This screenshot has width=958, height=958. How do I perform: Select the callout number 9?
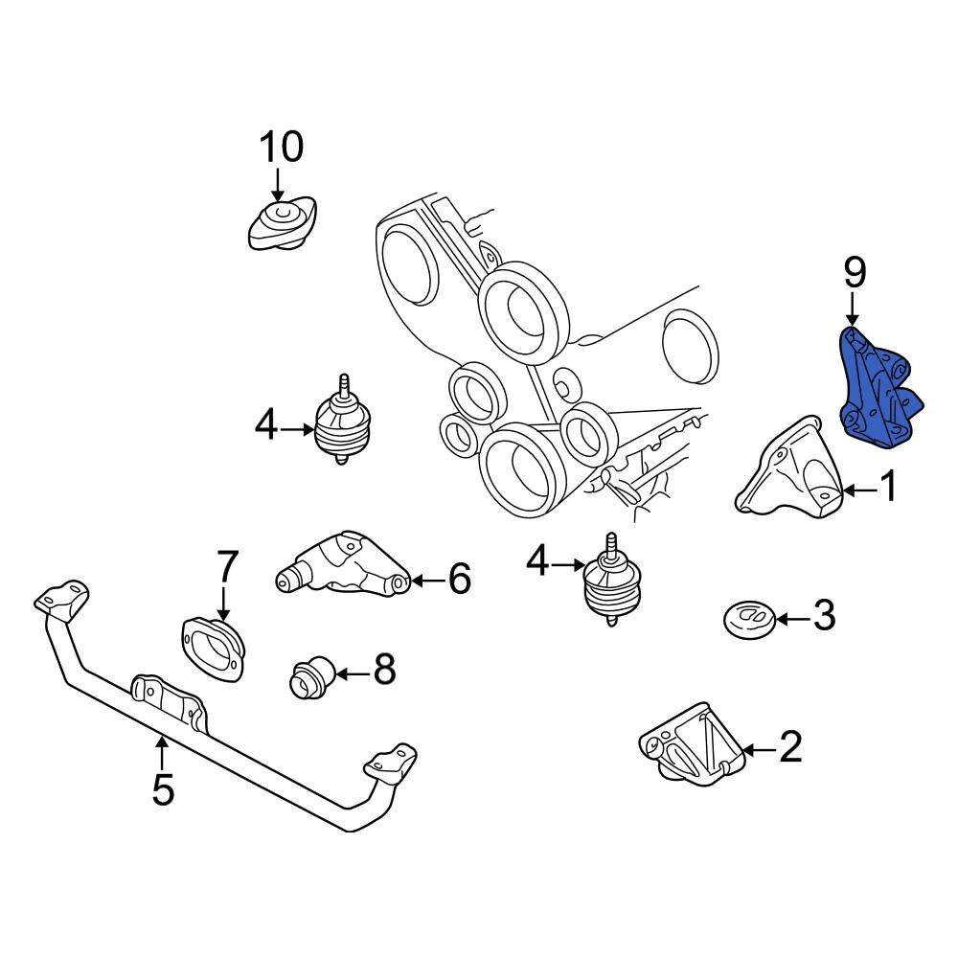pyautogui.click(x=855, y=274)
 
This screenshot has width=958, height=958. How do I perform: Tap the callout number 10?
pyautogui.click(x=281, y=148)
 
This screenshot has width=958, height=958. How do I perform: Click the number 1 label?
pyautogui.click(x=889, y=489)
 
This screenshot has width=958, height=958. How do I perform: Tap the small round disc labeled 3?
pyautogui.click(x=748, y=618)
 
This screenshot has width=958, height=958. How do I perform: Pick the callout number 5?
pyautogui.click(x=163, y=790)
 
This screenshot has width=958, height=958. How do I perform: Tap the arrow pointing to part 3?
pyautogui.click(x=791, y=618)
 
